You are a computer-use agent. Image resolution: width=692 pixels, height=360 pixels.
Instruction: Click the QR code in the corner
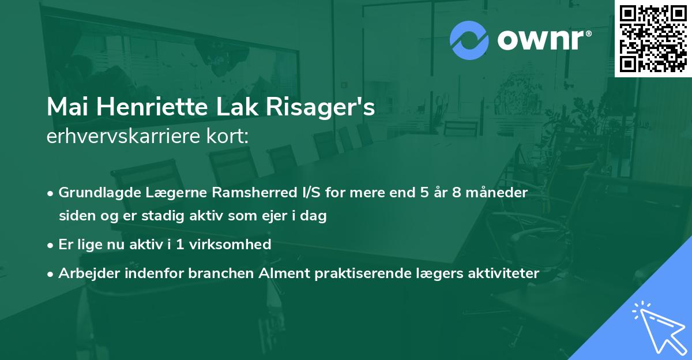(x=653, y=38)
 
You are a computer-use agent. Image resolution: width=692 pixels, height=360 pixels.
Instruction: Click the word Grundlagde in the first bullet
(x=96, y=193)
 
